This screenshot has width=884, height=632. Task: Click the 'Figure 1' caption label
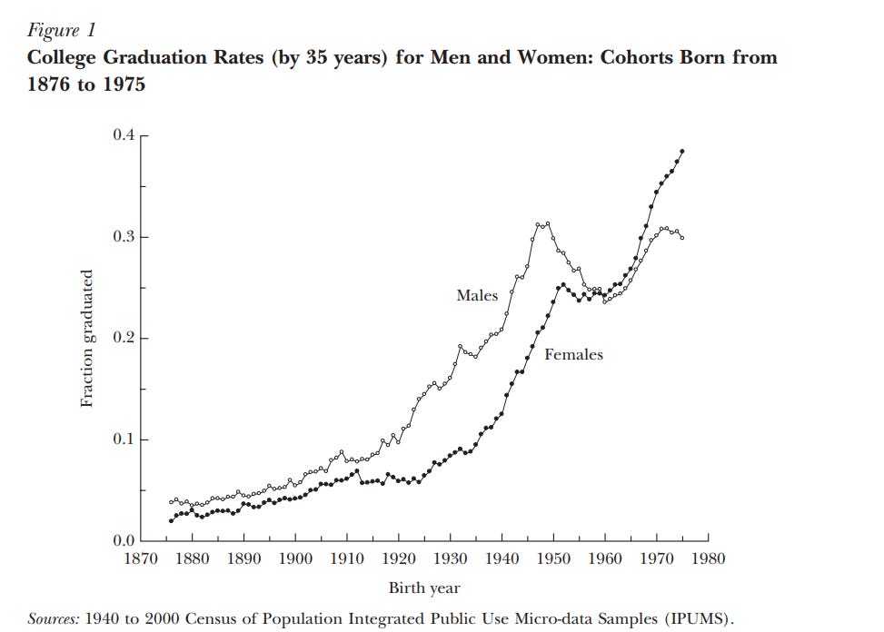61,30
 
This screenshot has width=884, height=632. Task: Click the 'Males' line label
477,295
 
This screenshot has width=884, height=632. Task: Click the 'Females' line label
573,355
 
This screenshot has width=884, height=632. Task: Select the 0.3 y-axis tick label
122,237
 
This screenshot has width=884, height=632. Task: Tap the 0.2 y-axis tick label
122,339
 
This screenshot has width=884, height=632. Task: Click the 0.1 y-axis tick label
122,440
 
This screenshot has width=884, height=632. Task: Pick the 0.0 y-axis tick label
122,542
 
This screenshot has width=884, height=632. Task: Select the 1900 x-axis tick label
295,559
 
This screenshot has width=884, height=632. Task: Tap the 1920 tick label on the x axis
399,559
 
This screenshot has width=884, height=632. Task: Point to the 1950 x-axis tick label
553,559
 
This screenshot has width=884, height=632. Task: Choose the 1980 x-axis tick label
708,559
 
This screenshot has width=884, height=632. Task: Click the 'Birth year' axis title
424,588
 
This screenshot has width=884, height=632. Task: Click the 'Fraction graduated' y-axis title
87,339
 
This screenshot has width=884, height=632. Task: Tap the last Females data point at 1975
682,151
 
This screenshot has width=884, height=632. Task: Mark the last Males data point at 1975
682,238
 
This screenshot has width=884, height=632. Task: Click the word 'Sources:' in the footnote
54,618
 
